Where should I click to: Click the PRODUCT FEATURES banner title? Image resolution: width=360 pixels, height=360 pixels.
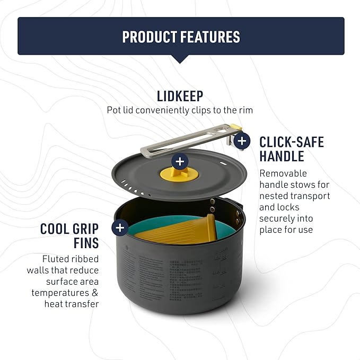point(181,37)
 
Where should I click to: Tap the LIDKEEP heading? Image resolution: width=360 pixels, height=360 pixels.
point(180,96)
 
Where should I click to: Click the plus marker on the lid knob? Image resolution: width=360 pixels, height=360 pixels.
point(180,162)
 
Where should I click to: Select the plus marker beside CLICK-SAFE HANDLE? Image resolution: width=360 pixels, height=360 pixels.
point(242,141)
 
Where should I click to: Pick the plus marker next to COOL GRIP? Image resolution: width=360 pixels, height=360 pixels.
point(120,228)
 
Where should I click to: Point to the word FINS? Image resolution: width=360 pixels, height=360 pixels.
point(86,243)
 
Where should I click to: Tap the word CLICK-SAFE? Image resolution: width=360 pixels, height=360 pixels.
point(291,142)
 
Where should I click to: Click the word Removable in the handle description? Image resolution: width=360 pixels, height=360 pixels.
point(283,173)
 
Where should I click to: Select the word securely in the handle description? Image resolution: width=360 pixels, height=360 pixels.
point(278,218)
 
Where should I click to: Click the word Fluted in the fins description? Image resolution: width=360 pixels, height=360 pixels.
point(56,259)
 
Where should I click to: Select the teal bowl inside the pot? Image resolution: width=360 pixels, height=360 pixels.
point(138,228)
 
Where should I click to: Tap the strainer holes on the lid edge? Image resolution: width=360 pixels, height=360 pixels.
point(133,187)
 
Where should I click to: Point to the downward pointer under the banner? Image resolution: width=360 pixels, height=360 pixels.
point(180,59)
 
